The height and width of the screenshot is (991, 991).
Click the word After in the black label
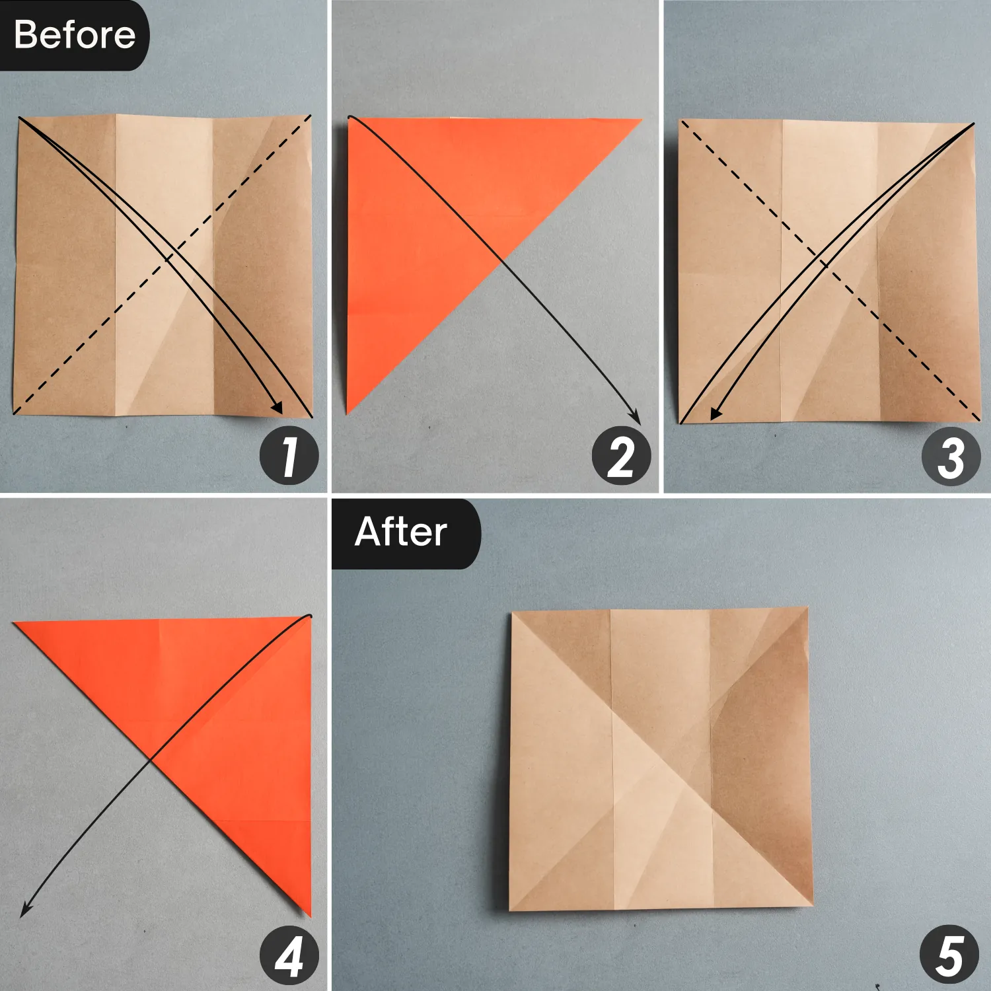click(x=400, y=532)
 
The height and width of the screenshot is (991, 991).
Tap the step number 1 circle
click(x=289, y=457)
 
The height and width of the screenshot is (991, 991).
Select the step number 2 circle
click(x=621, y=457)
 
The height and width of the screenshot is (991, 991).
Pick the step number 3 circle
click(x=951, y=457)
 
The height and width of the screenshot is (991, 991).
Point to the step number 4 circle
click(x=289, y=956)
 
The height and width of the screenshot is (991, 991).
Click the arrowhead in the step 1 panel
click(x=277, y=408)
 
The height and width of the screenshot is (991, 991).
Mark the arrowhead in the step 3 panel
click(x=716, y=414)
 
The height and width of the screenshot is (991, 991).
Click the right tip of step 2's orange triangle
click(x=640, y=120)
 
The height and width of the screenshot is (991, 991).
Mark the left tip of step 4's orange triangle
click(x=15, y=623)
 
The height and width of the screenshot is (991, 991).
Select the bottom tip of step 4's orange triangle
click(x=309, y=915)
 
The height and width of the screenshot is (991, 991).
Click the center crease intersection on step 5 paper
click(x=661, y=760)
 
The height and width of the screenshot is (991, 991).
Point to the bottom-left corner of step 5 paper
click(x=511, y=910)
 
